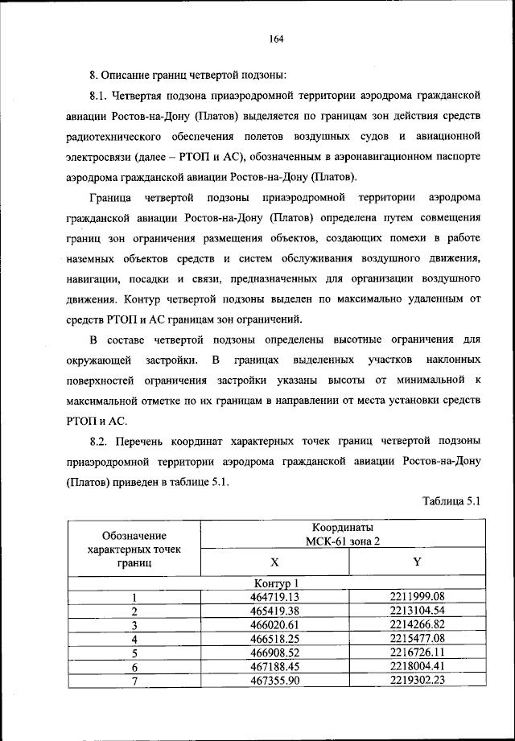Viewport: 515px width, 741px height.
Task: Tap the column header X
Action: tap(275, 562)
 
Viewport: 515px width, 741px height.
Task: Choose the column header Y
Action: tap(416, 562)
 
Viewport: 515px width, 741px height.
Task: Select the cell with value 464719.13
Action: tap(275, 596)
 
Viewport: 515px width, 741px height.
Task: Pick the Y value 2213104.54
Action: tap(416, 611)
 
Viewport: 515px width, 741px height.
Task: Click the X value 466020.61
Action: tap(275, 624)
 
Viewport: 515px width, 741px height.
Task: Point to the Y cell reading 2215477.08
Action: tap(416, 639)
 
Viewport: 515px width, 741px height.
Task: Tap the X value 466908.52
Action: tap(275, 652)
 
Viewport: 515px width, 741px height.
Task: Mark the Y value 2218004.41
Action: tap(416, 667)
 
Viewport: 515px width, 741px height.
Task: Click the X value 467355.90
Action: tap(275, 681)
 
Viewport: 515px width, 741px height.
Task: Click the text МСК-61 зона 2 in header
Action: tap(344, 541)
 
